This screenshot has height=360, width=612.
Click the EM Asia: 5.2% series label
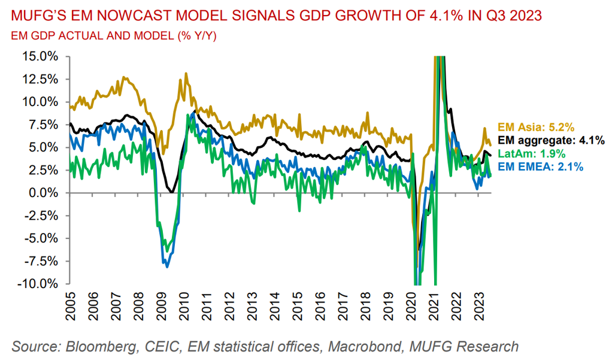(536, 128)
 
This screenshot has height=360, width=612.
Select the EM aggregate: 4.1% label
(551, 141)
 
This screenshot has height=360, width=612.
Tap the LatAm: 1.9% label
(530, 154)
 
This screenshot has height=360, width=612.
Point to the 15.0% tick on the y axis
(40, 56)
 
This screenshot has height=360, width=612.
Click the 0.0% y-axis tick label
(43, 193)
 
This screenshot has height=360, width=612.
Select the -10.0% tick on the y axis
(38, 284)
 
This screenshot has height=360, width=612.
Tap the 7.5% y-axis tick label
(43, 125)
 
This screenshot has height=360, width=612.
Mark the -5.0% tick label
(40, 238)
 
